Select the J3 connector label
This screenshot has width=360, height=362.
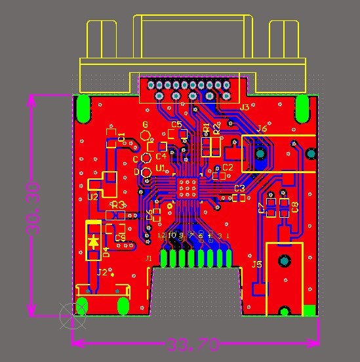tap(245, 107)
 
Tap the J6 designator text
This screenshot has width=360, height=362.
tap(262, 129)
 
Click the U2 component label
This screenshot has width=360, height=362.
tap(93, 197)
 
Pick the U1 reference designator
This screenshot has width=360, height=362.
tap(160, 169)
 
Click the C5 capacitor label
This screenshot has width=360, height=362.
tap(176, 124)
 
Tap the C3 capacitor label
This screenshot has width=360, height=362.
tap(239, 189)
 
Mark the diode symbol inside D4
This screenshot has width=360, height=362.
tap(94, 241)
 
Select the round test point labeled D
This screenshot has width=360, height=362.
tap(147, 172)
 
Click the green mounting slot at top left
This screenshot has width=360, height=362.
tap(83, 109)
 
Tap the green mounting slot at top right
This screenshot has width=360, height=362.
tap(302, 108)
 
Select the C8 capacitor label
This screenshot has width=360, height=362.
tap(296, 208)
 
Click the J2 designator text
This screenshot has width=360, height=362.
tap(102, 272)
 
